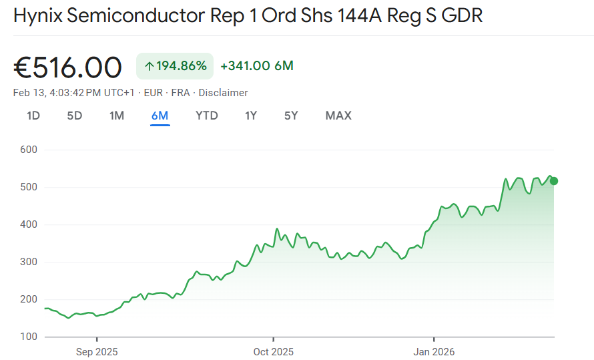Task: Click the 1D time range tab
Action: coord(33,116)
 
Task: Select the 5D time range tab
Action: coord(74,116)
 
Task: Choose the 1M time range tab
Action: coord(117,116)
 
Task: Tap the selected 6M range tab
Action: coord(160,116)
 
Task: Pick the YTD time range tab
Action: coord(207,116)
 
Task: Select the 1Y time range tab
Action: coord(251,116)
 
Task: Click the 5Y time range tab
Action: coord(291,116)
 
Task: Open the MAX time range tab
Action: coord(338,116)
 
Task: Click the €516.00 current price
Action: coord(67,67)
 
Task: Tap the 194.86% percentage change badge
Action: coord(175,65)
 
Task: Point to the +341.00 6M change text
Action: coord(257,65)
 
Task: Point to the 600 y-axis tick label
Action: coord(29,150)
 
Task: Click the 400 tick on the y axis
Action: coord(29,224)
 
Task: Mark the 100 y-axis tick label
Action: coord(29,337)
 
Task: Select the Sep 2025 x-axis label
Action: coord(96,351)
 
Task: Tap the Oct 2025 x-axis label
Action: coord(273,351)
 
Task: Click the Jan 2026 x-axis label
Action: coord(434,351)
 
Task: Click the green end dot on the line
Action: coord(554,181)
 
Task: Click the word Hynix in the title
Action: coord(37,16)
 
